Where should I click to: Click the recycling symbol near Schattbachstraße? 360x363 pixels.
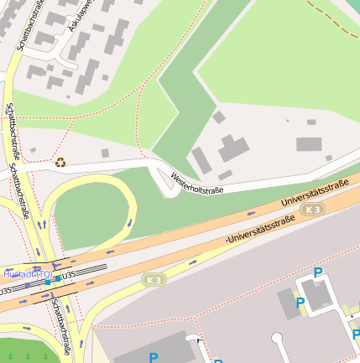coord(60,162)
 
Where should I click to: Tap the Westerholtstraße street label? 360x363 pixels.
coord(196,184)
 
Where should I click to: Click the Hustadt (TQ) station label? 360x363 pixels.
coord(27,274)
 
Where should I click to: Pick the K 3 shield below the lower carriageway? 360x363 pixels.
coord(153,279)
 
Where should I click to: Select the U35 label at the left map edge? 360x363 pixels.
coord(5,291)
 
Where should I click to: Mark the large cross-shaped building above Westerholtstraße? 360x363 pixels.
coord(233,150)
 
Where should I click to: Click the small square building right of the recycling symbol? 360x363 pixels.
coord(105,153)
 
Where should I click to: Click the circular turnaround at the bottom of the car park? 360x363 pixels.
coord(277,339)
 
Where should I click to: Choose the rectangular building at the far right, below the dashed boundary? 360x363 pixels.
coord(309,144)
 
